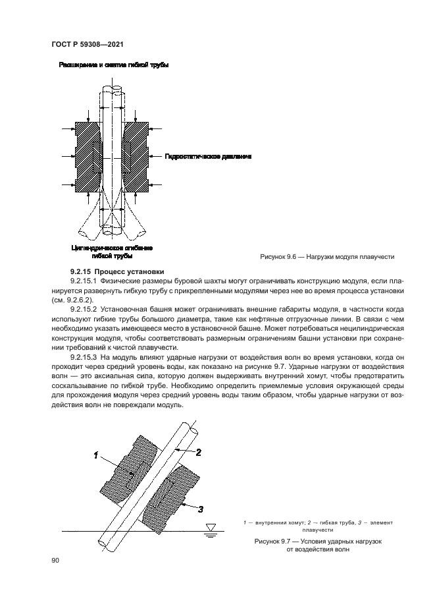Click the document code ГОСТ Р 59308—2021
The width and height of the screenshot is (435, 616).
pyautogui.click(x=88, y=44)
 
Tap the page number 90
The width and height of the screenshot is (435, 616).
pyautogui.click(x=55, y=560)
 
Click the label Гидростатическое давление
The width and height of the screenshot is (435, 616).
pyautogui.click(x=202, y=157)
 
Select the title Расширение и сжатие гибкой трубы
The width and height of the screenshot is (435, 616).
pyautogui.click(x=114, y=66)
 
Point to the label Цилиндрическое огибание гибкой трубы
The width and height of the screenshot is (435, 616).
pyautogui.click(x=112, y=252)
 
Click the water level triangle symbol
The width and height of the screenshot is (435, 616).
pyautogui.click(x=210, y=527)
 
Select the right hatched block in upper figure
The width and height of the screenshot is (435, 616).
pyautogui.click(x=135, y=157)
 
